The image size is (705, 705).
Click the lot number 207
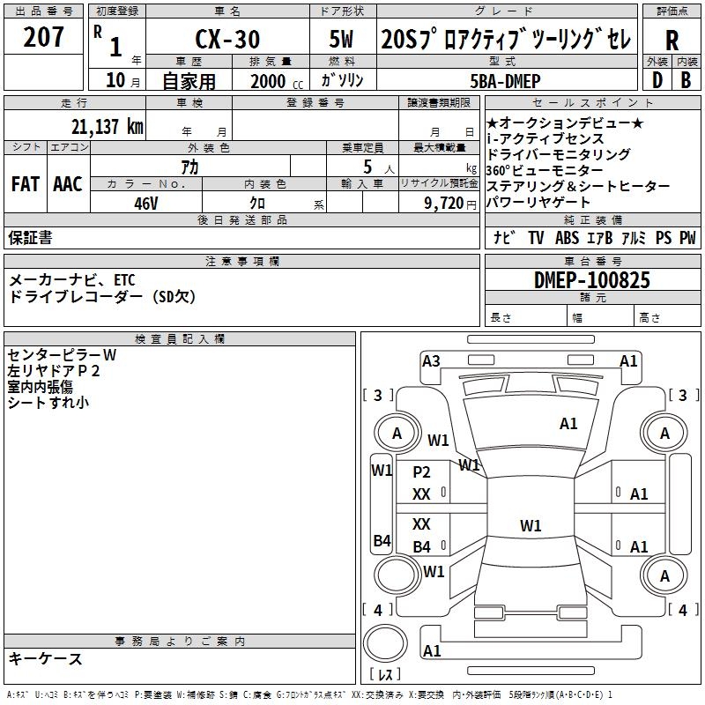pyautogui.click(x=43, y=39)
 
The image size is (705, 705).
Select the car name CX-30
pyautogui.click(x=226, y=40)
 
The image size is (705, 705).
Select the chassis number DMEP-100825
pyautogui.click(x=592, y=280)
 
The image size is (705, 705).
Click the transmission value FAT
pyautogui.click(x=25, y=184)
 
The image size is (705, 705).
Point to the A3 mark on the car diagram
pyautogui.click(x=431, y=360)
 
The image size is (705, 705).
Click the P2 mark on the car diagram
pyautogui.click(x=422, y=471)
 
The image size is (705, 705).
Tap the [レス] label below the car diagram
pyautogui.click(x=387, y=674)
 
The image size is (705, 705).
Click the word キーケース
pyautogui.click(x=46, y=658)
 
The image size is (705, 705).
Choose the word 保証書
pyautogui.click(x=30, y=237)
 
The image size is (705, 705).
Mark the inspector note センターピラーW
pyautogui.click(x=62, y=355)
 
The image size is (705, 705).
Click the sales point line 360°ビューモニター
pyautogui.click(x=545, y=170)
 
